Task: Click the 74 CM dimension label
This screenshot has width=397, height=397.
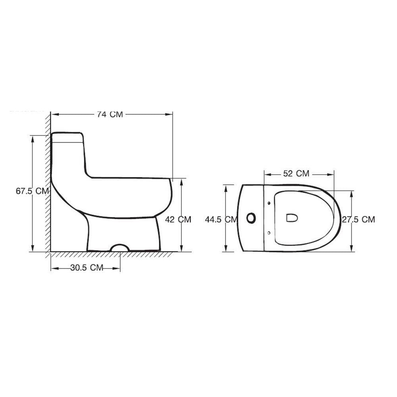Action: [110, 114]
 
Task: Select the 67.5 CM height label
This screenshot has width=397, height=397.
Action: [32, 191]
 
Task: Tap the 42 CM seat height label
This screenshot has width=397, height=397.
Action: [178, 219]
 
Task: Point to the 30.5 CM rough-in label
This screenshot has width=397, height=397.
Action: [87, 268]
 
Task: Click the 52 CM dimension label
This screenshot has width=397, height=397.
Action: [296, 173]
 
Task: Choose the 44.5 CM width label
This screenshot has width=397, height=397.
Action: [221, 220]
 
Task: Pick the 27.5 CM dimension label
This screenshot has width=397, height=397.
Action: [358, 220]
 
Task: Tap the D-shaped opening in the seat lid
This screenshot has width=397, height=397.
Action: [292, 218]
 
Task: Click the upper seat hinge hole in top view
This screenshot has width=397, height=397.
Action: [269, 203]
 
